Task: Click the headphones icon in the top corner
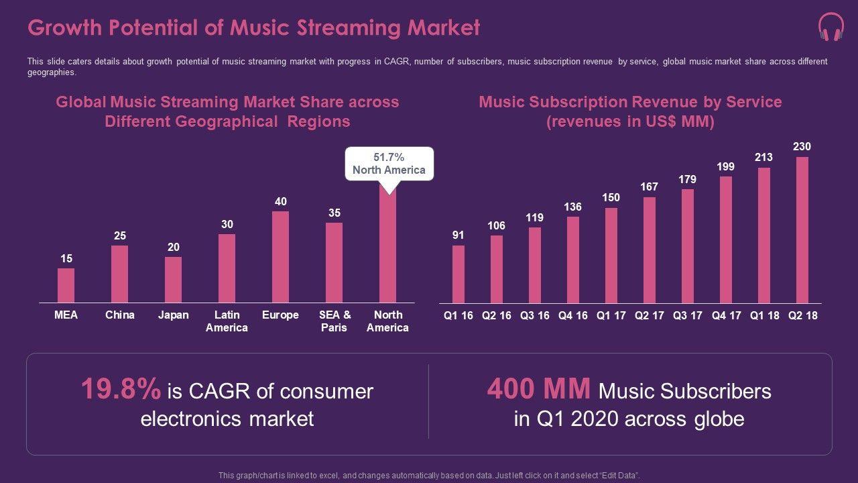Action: [x=831, y=28]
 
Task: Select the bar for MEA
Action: [x=66, y=285]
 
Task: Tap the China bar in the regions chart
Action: [x=119, y=274]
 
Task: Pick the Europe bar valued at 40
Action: [x=280, y=257]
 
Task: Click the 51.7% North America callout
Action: [x=389, y=164]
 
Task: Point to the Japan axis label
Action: [x=173, y=315]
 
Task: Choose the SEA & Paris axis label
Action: [x=334, y=321]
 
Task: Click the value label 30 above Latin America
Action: [x=227, y=224]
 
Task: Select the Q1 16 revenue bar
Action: [x=458, y=274]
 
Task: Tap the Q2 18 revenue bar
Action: [x=802, y=229]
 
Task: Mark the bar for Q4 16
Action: [x=573, y=260]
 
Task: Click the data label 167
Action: [x=649, y=186]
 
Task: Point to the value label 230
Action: [x=802, y=146]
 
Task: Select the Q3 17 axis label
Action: [x=688, y=315]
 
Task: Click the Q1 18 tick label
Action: [x=764, y=315]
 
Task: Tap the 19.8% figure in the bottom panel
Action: [x=121, y=389]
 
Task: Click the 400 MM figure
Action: [x=539, y=389]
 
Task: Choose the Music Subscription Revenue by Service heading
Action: [x=630, y=103]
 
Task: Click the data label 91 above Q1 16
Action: [x=458, y=235]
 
